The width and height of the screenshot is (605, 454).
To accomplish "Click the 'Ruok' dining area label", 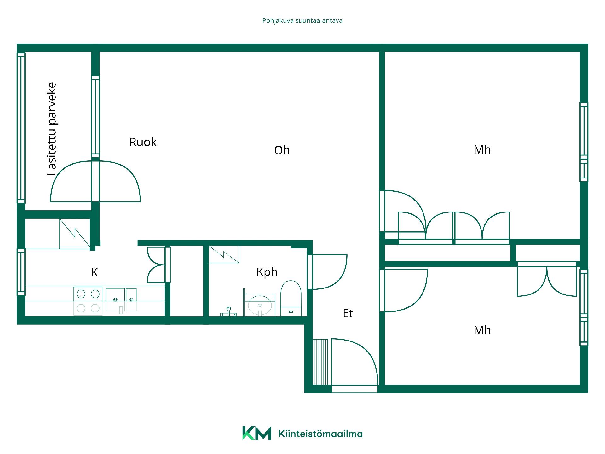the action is click(143, 142).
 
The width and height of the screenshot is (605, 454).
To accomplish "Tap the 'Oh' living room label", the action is click(282, 150).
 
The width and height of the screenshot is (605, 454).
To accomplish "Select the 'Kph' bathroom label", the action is click(267, 272).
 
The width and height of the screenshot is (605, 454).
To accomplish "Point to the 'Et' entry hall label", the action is click(348, 313).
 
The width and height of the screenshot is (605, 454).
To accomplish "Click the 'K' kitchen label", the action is click(95, 272).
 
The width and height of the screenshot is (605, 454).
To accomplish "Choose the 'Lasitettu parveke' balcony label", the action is click(52, 129).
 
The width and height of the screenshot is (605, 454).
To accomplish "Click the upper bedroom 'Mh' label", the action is click(482, 150).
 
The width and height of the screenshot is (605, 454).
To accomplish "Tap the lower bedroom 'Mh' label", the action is click(482, 330).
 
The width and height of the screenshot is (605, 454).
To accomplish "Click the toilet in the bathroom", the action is click(291, 298).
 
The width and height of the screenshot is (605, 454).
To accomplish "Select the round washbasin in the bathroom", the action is click(260, 305).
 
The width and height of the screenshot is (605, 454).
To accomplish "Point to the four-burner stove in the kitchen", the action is click(88, 301).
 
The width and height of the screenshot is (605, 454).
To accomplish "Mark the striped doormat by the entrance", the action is click(320, 362).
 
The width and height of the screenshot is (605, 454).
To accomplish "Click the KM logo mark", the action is click(256, 433).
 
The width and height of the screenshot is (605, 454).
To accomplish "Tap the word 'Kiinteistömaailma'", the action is click(320, 434).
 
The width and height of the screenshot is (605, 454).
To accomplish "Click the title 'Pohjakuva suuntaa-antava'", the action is click(302, 21).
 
